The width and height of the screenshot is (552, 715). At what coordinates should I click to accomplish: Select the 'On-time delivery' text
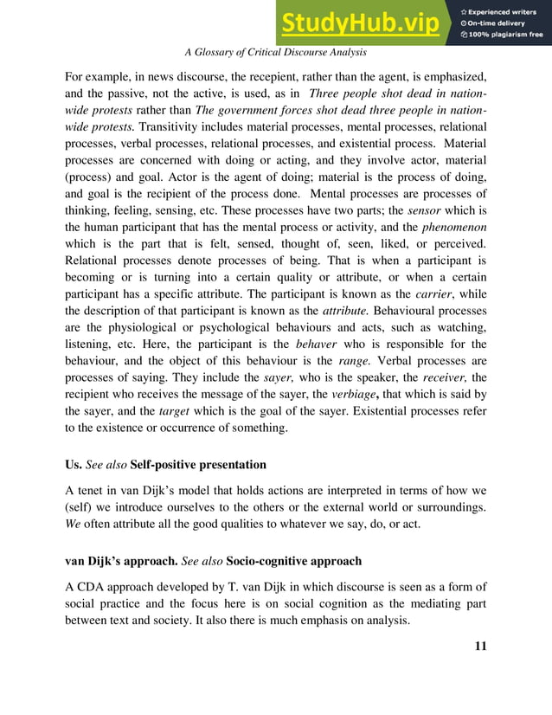pos(499,23)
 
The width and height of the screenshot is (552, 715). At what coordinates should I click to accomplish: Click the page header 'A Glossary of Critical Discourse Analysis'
pos(276,53)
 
